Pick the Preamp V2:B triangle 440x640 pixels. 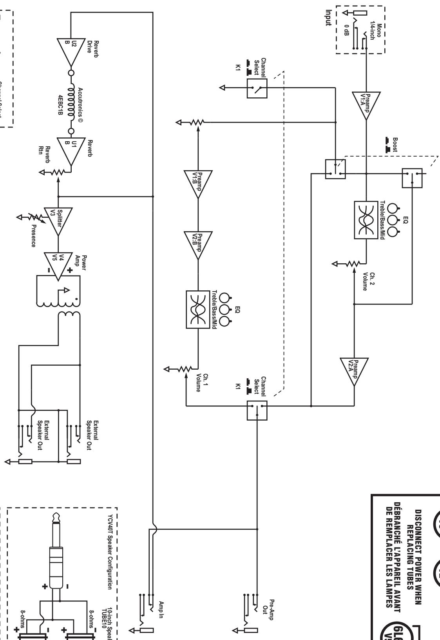click(x=198, y=245)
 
